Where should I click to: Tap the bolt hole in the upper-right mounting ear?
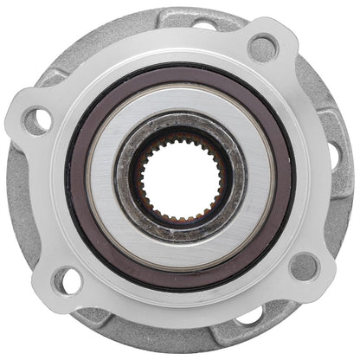(x=262, y=47)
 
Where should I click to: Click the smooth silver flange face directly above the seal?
(x=181, y=48)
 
